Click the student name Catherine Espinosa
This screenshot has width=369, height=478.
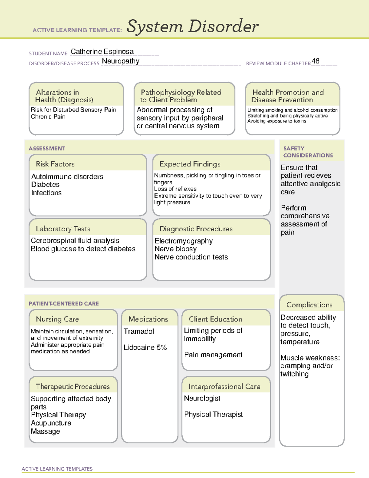102,52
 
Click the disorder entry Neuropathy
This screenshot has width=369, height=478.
121,61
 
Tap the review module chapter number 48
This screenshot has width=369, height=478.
315,61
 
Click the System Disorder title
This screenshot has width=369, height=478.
192,26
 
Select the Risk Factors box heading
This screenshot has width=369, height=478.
55,164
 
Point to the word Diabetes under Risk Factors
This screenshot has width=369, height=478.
46,185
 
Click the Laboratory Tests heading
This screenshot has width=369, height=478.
63,229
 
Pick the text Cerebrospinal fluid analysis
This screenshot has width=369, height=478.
75,241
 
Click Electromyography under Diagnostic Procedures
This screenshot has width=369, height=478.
184,241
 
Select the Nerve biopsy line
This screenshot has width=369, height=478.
176,249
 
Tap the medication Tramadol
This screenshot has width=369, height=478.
139,331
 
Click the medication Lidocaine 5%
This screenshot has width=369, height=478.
145,347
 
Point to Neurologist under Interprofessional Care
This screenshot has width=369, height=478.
202,398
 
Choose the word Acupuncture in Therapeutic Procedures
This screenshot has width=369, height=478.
51,423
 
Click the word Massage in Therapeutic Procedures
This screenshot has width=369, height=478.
46,432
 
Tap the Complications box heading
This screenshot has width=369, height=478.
309,305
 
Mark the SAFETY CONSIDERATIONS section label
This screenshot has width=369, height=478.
308,152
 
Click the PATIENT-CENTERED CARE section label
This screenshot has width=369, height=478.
64,303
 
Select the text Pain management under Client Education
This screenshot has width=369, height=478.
213,355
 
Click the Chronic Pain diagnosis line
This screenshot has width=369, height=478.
48,117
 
